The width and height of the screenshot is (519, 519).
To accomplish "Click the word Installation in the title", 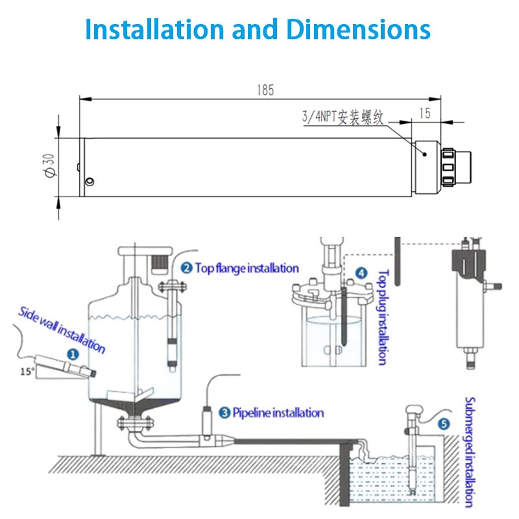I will pos(154,29).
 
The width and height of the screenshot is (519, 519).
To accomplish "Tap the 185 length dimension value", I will pos(265,91).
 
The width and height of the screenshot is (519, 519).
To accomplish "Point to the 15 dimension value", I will pos(425,112).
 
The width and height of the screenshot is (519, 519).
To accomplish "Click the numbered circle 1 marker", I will pos(73,354).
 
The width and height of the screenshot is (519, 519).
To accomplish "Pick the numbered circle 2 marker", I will pos(186,268).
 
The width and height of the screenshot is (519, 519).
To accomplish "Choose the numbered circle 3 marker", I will pos(224,412).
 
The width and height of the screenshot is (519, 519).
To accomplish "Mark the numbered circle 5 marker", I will pos(444,424).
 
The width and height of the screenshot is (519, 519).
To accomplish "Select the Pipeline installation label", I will pos(278,412).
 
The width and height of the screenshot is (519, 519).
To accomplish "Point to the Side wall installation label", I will pos(62,329).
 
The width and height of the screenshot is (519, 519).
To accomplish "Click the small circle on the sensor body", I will pos(91,180).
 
